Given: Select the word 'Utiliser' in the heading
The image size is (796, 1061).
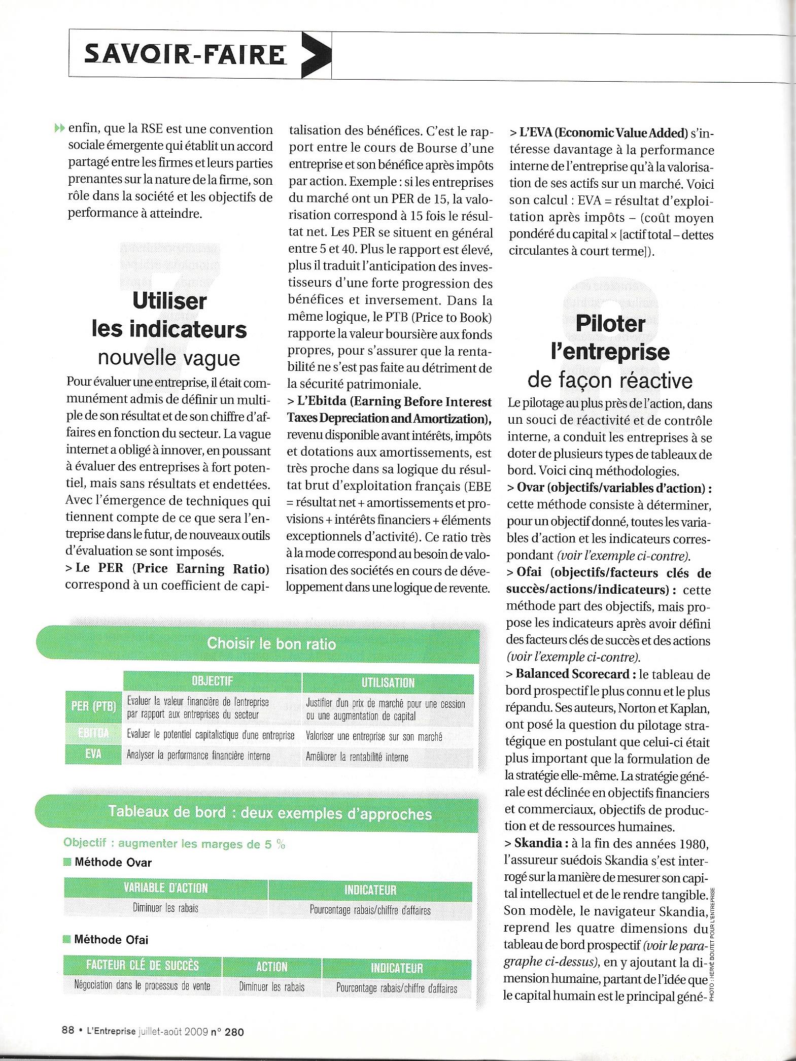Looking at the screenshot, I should pos(169,300).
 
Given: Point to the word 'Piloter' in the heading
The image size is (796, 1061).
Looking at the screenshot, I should pos(610,323).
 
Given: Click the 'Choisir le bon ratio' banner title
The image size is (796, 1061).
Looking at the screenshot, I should pos(271,643).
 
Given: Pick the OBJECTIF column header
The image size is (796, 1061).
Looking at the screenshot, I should pos(212,681).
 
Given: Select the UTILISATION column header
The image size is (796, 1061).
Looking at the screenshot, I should pos(388,682).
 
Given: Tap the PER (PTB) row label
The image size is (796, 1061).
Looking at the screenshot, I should pos(94,706).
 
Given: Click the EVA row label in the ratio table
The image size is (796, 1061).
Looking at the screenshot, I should pos(93,754).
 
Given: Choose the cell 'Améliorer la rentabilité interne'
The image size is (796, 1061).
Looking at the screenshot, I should pos(357,757).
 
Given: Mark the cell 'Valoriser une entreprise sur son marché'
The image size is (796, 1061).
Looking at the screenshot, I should pos(374,736).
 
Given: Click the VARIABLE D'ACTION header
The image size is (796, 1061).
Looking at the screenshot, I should pos(166,888).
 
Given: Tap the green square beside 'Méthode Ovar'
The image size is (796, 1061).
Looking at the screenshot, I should pos(67,862).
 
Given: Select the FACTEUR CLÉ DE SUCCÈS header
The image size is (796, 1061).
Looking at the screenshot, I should pos(143,965).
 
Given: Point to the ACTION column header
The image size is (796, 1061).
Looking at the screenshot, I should pos(272,966).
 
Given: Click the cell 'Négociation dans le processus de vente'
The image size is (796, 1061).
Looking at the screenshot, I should pos(142,985).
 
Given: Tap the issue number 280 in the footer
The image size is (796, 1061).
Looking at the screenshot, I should pos(234,1032).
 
